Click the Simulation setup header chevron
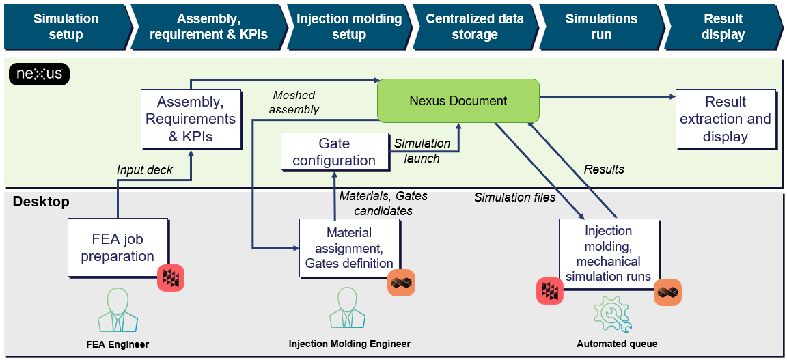click(x=66, y=27)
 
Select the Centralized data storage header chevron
click(x=474, y=27)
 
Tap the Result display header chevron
click(x=723, y=27)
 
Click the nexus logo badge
click(x=40, y=74)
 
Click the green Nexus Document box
click(x=458, y=101)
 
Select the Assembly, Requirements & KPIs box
click(x=191, y=119)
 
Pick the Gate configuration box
click(x=334, y=152)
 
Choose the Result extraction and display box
click(x=726, y=119)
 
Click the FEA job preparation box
click(x=118, y=248)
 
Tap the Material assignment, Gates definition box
click(x=349, y=248)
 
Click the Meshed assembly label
click(x=294, y=102)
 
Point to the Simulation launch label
click(x=422, y=150)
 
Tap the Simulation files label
click(x=515, y=197)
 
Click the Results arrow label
click(x=604, y=169)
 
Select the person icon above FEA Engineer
click(x=118, y=310)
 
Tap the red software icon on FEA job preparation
click(x=171, y=277)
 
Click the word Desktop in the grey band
click(x=41, y=202)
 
